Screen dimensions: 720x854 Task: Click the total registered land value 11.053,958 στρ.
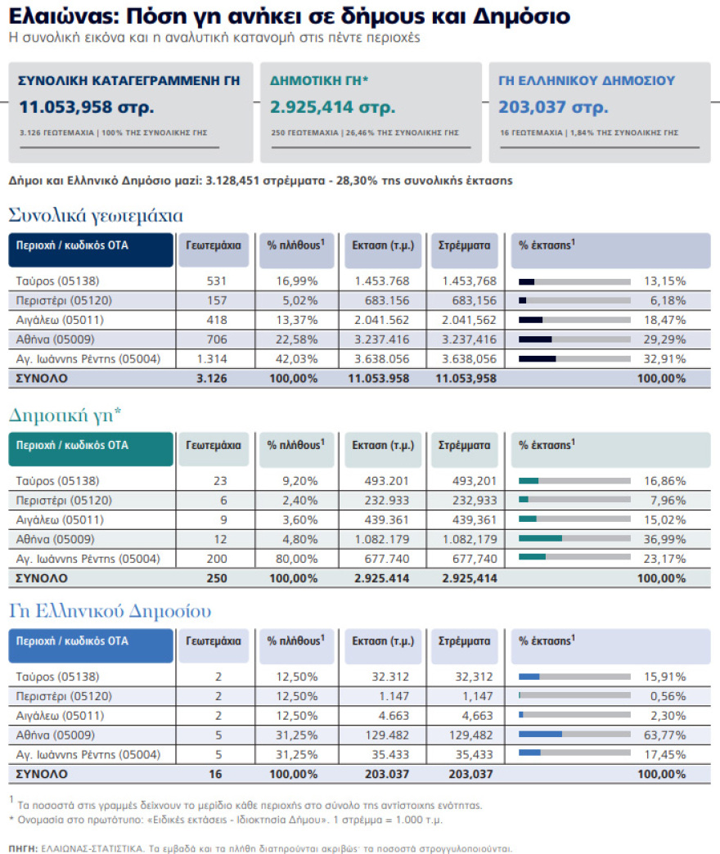pos(87,107)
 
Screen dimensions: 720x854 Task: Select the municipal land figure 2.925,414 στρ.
pos(333,107)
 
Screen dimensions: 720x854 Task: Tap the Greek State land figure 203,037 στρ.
pos(553,107)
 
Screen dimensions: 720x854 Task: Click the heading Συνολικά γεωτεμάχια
pos(96,216)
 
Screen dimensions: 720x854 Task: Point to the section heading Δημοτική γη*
pos(65,415)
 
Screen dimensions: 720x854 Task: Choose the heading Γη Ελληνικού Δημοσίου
pos(110,611)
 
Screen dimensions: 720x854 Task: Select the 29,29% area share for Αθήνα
pos(664,339)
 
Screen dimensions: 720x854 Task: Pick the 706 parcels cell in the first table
pos(217,339)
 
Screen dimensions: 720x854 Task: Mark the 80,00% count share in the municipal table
pos(297,559)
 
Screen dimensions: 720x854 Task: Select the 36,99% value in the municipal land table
pos(664,539)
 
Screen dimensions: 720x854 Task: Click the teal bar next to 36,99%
pos(540,538)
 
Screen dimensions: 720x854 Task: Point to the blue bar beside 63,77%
pos(540,735)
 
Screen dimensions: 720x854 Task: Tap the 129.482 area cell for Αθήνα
pos(387,735)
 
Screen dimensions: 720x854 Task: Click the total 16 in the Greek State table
pos(216,774)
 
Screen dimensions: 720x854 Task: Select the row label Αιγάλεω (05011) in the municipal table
pos(60,520)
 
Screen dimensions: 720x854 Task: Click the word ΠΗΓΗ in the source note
pos(24,848)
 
